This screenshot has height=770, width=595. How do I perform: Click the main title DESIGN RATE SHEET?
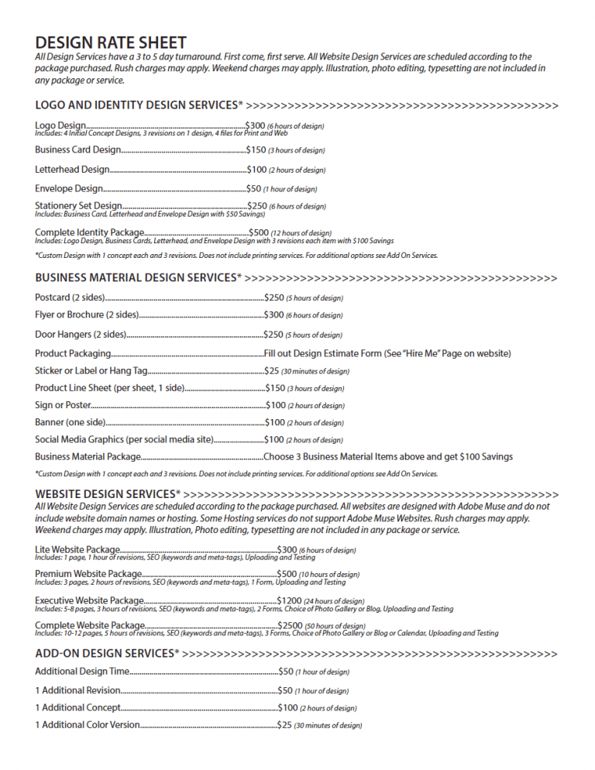(x=111, y=42)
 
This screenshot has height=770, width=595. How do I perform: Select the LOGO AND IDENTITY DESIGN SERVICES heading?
(x=139, y=105)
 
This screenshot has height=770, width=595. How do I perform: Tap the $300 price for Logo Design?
(x=255, y=125)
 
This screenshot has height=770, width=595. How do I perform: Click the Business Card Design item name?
(x=77, y=150)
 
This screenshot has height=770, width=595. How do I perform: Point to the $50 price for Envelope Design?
(x=253, y=188)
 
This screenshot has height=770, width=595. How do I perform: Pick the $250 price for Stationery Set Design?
(x=257, y=206)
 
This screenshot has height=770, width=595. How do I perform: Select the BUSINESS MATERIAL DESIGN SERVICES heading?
(x=138, y=277)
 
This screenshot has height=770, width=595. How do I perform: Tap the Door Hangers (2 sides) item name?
(x=81, y=335)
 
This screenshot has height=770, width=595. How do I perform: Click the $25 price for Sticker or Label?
(x=271, y=371)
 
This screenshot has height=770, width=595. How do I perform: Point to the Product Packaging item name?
(x=73, y=353)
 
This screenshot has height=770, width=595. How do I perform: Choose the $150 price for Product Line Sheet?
(x=275, y=388)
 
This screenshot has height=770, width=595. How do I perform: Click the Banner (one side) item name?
(x=70, y=422)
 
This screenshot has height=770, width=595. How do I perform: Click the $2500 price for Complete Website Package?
(x=291, y=625)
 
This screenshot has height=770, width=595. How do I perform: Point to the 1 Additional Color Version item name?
(x=88, y=725)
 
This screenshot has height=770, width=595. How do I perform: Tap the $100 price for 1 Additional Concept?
(x=287, y=707)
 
